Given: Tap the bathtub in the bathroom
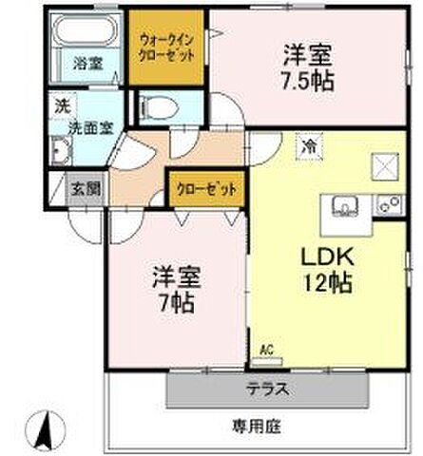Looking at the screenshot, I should (x=85, y=35).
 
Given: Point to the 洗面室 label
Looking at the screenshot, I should (x=87, y=123).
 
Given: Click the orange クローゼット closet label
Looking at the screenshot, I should (x=205, y=188).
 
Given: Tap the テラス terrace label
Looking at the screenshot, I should (x=268, y=389).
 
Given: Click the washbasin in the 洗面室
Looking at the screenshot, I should (x=62, y=150).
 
